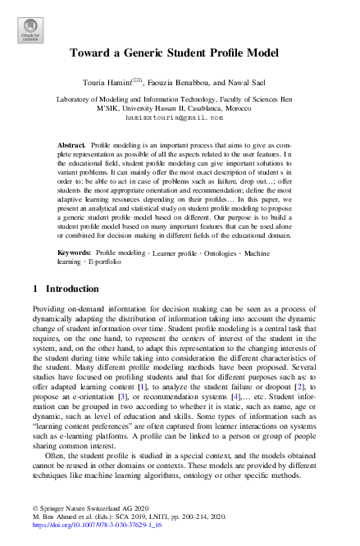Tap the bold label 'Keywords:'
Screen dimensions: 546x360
[75, 230]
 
